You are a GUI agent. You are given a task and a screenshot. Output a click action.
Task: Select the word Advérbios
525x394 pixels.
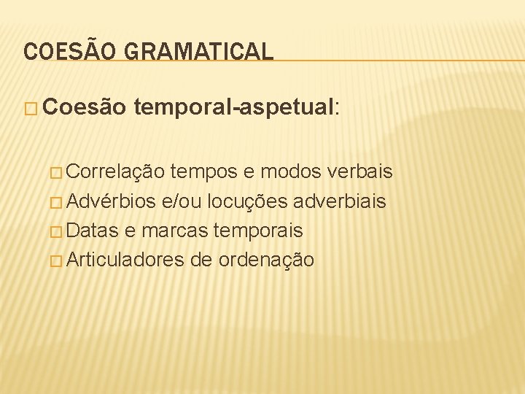pyautogui.click(x=113, y=201)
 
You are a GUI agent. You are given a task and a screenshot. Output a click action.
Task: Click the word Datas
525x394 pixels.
pyautogui.click(x=94, y=231)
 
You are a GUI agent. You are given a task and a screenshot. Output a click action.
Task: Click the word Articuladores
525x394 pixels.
pyautogui.click(x=124, y=260)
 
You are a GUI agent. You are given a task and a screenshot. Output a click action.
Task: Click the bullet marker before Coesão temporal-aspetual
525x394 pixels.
pyautogui.click(x=31, y=109)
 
